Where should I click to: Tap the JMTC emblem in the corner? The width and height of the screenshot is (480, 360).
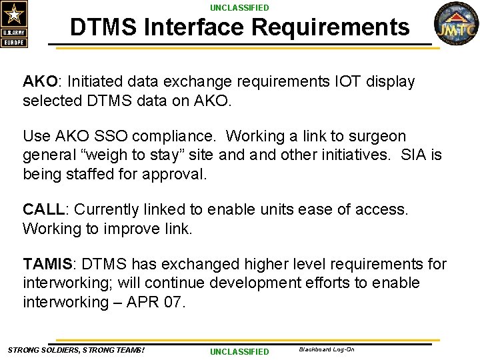coord(457,24)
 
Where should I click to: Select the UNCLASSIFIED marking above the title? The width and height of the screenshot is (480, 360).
coord(239,7)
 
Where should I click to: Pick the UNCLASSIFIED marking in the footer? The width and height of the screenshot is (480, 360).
coord(239,351)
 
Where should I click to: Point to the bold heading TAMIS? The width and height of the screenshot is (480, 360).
coord(49,264)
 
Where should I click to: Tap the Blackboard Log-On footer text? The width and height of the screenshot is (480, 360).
coord(327,349)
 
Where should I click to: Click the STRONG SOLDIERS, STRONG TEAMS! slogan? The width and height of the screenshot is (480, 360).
coord(76,350)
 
